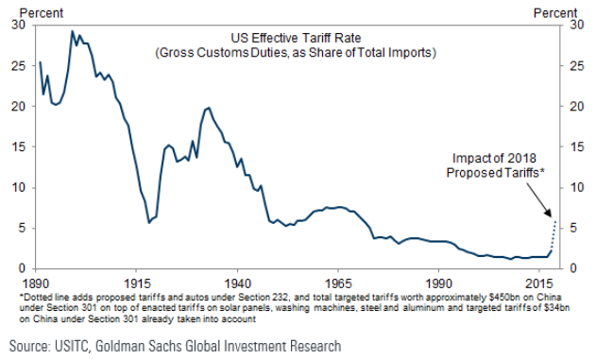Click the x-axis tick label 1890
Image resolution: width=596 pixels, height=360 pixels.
pyautogui.click(x=38, y=283)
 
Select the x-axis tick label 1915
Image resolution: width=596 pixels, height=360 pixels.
pyautogui.click(x=138, y=283)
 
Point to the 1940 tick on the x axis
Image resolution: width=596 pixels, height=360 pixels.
pyautogui.click(x=238, y=283)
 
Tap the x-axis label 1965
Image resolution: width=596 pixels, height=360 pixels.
pyautogui.click(x=338, y=283)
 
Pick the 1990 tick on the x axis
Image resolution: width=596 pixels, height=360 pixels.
pyautogui.click(x=438, y=283)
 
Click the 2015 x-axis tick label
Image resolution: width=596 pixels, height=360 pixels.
pyautogui.click(x=538, y=283)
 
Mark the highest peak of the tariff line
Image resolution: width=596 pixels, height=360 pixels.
pyautogui.click(x=73, y=31)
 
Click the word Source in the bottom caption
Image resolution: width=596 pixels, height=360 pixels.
pyautogui.click(x=29, y=347)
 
